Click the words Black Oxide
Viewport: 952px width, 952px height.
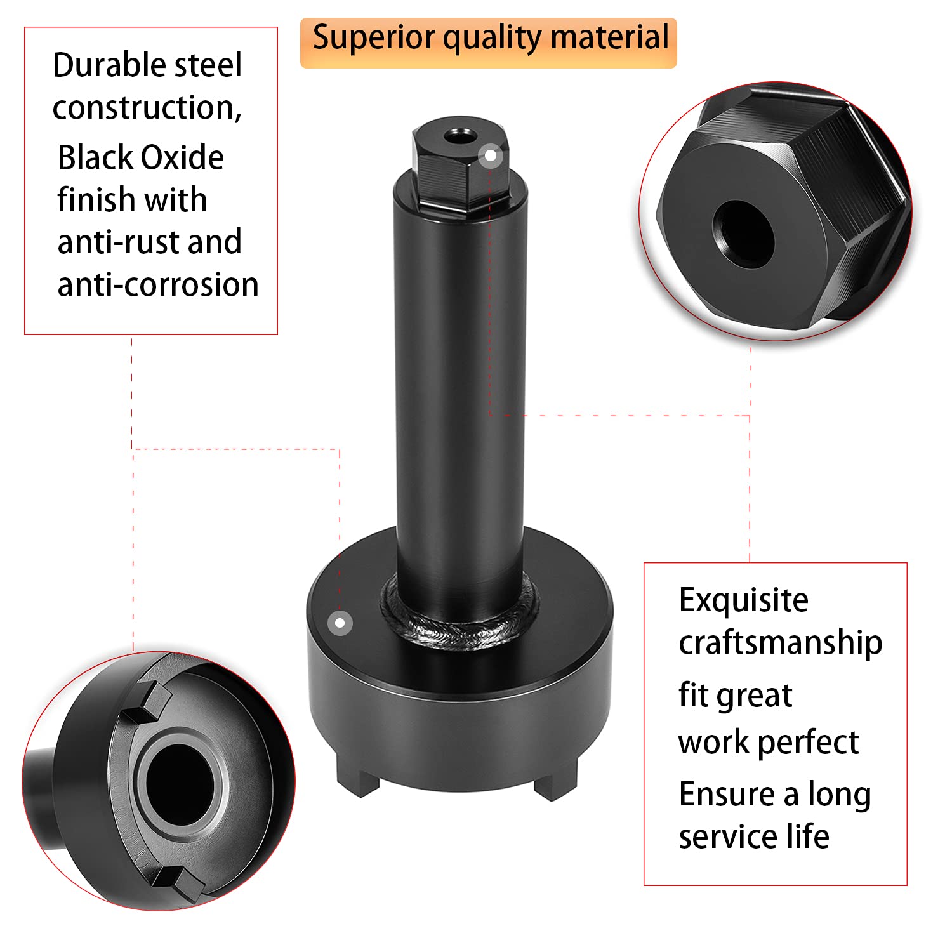click(x=140, y=157)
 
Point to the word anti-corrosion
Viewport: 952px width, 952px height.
click(x=158, y=284)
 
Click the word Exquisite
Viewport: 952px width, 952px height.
click(x=743, y=600)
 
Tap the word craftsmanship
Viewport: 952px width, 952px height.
click(x=780, y=643)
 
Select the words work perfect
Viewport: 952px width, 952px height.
click(x=768, y=743)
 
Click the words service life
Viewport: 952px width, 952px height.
click(x=754, y=836)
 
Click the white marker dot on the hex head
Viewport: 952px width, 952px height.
click(x=490, y=155)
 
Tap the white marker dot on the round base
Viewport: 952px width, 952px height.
click(x=340, y=623)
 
